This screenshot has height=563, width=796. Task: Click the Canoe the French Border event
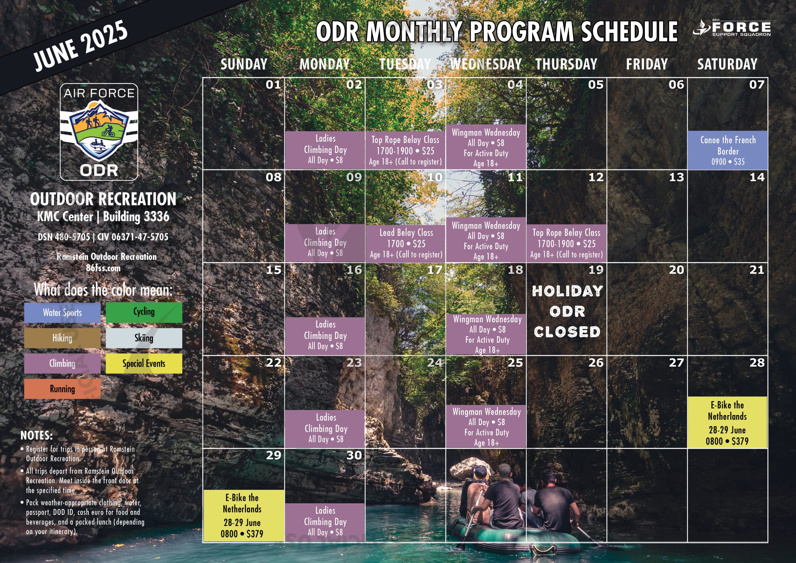[x=727, y=150]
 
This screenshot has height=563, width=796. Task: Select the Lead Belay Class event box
[x=405, y=243]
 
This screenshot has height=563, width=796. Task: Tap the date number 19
[x=596, y=270]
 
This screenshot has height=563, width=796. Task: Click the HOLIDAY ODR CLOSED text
[x=567, y=311]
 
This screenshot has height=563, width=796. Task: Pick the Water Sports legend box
[x=62, y=313]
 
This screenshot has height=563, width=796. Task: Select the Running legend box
[x=62, y=389]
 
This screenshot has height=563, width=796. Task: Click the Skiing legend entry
[x=144, y=338]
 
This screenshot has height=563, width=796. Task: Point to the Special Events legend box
[x=144, y=364]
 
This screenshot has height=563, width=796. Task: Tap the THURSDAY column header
[x=567, y=64]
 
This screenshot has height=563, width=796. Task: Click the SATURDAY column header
[x=727, y=64]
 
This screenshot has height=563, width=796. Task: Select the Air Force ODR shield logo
[x=99, y=132]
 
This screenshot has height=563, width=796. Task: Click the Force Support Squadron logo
[x=732, y=28]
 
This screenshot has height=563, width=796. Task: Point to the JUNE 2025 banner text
[x=81, y=45]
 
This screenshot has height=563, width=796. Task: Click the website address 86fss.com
[x=103, y=268]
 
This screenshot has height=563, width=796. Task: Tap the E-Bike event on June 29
[x=243, y=515]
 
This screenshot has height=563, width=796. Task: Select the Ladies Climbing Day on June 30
[x=325, y=522]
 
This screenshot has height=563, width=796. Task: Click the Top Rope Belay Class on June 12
[x=567, y=243]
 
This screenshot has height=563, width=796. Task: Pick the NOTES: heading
[x=37, y=436]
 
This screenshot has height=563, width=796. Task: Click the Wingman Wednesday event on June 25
[x=486, y=426]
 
